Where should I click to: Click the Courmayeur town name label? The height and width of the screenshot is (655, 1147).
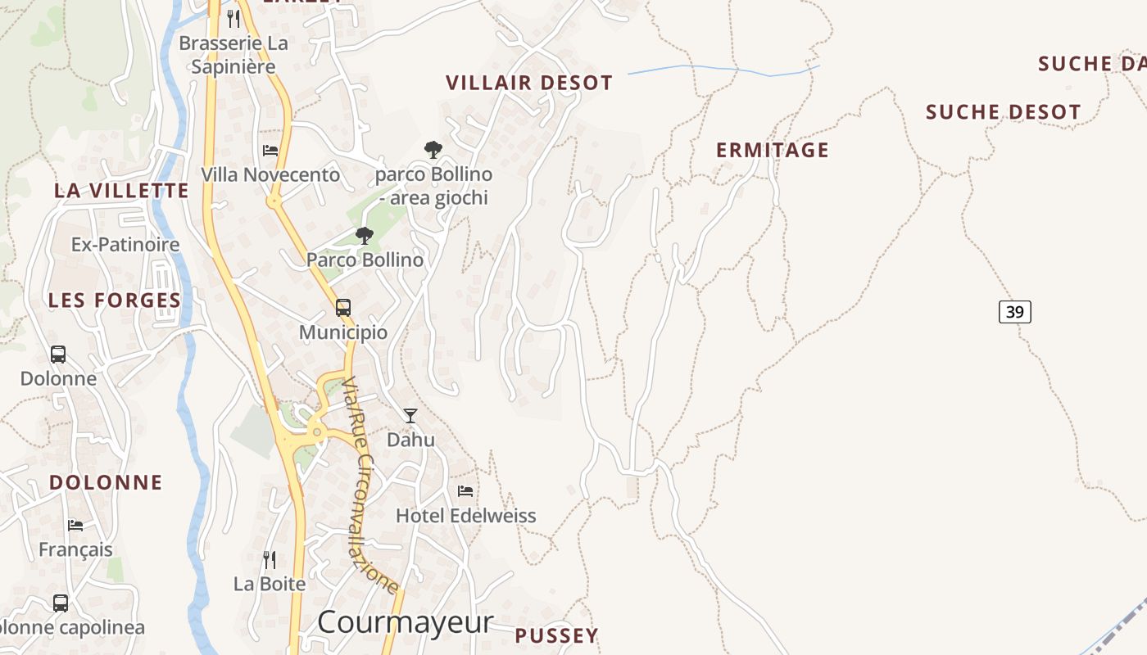(406, 622)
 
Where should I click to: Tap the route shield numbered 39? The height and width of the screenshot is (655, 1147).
(1014, 312)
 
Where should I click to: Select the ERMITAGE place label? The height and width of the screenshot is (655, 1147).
(773, 150)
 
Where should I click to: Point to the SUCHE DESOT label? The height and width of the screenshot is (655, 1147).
(1003, 112)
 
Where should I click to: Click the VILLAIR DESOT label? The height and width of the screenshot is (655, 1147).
(529, 83)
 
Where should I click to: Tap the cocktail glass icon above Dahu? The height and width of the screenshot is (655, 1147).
(410, 416)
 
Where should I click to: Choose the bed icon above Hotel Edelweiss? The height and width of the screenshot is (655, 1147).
(465, 491)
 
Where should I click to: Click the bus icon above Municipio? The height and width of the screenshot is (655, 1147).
(343, 308)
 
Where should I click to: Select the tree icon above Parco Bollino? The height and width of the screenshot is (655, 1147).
(365, 237)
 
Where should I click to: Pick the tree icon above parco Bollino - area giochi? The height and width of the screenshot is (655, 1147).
(433, 150)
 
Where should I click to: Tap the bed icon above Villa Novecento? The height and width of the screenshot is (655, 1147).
(270, 151)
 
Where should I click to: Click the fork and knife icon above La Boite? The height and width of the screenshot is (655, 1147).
(269, 560)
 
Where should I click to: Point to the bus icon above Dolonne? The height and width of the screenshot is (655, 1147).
(58, 355)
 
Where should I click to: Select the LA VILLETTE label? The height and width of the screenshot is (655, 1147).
(121, 191)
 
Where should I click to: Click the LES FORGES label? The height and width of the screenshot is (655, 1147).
(115, 300)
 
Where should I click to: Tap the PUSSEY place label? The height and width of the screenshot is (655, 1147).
(556, 635)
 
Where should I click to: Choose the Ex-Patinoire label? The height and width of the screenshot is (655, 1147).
(125, 245)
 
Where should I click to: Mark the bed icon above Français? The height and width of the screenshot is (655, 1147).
(75, 526)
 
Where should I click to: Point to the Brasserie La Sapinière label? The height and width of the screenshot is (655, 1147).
(233, 55)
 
